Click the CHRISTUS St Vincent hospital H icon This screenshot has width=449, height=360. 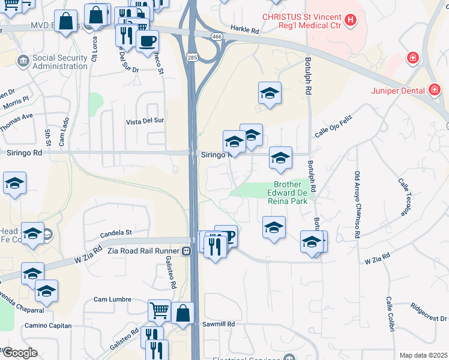point(350,19)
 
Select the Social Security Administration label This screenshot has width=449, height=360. point(60,62)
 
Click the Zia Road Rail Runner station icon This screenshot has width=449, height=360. point(187,250)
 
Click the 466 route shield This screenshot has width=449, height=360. point(215,37)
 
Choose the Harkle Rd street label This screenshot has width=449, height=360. point(244,29)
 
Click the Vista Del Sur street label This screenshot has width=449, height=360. point(145,121)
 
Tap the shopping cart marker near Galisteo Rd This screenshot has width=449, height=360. point(159,310)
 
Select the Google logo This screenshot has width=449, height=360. point(20,353)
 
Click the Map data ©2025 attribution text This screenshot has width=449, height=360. point(423,355)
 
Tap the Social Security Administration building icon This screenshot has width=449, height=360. point(23,61)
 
